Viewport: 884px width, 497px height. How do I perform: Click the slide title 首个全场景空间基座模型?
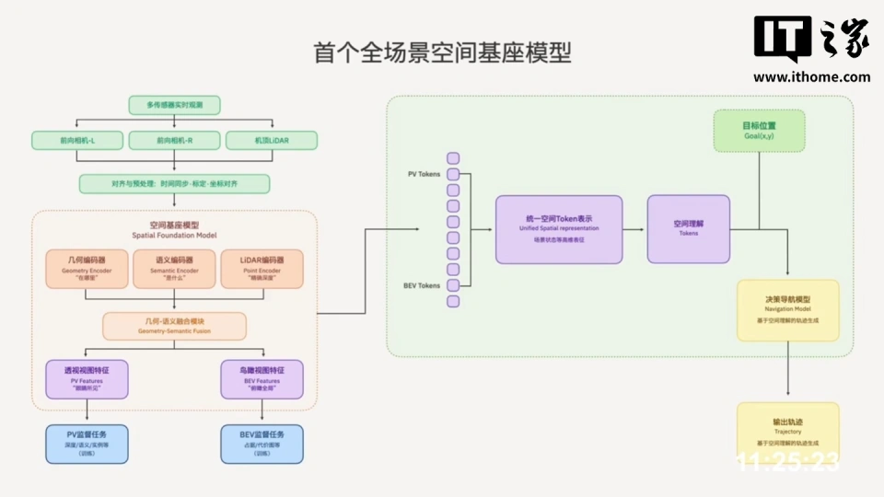click(441, 52)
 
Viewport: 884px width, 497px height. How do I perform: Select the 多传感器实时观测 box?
click(174, 105)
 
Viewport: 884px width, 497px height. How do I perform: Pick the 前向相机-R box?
click(174, 140)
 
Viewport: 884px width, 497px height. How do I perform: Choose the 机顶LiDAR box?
click(273, 140)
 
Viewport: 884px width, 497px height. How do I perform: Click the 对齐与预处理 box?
click(174, 183)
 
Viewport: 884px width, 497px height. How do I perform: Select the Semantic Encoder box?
click(174, 268)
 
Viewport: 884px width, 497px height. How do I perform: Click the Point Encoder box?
click(261, 268)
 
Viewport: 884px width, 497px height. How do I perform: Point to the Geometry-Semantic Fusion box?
click(174, 326)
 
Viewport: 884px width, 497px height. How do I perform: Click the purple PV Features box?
click(87, 379)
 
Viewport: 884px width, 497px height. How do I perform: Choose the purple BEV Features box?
click(262, 379)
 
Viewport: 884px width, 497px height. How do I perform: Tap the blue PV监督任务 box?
click(87, 443)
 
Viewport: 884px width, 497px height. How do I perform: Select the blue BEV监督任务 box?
click(262, 443)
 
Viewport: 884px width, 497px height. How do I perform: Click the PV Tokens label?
click(424, 174)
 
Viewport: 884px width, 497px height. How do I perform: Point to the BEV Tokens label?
click(423, 285)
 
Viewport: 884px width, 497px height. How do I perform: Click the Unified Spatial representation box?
click(559, 229)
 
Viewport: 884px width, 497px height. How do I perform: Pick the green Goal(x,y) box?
click(759, 131)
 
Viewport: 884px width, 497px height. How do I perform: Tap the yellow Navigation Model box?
click(787, 310)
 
